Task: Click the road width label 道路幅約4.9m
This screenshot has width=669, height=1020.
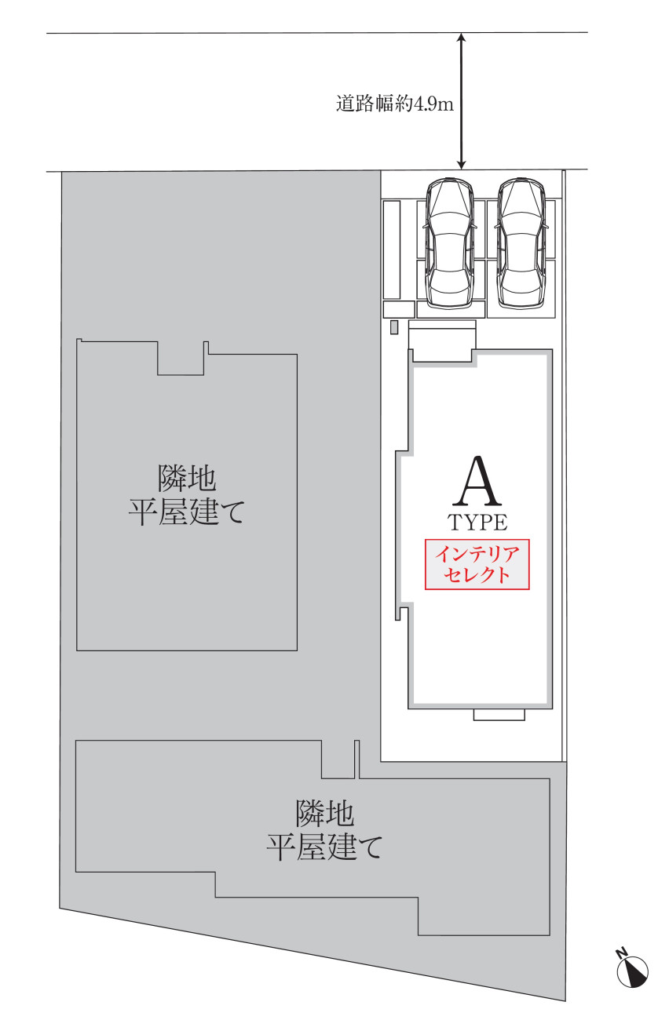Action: click(395, 104)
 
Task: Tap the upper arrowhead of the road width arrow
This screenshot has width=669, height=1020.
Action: click(461, 38)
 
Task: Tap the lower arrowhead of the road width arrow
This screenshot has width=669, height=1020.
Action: click(461, 165)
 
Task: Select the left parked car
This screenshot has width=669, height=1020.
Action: click(449, 242)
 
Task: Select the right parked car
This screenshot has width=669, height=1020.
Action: click(521, 242)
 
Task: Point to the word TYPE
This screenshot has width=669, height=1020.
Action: click(477, 523)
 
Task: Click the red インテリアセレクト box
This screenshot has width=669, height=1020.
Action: click(477, 564)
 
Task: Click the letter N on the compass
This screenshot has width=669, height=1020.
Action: click(620, 953)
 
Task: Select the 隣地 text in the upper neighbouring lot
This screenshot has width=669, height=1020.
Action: click(186, 478)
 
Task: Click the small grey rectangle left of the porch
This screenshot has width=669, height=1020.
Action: click(394, 327)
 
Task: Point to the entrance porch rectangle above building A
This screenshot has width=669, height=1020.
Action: click(442, 341)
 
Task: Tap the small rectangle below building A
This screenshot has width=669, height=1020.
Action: click(499, 715)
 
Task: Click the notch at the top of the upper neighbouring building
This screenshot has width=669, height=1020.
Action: click(181, 359)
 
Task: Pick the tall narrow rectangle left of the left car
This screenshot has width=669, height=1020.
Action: click(392, 250)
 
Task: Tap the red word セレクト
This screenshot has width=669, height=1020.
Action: click(477, 574)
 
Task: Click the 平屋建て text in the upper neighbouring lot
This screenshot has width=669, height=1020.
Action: click(186, 512)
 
